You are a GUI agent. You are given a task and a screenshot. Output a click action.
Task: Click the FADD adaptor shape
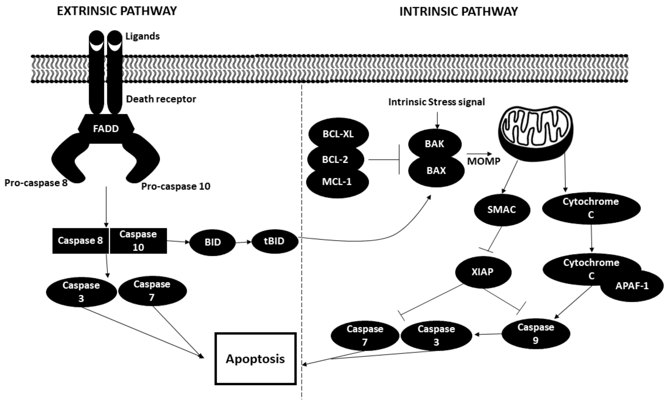(106, 128)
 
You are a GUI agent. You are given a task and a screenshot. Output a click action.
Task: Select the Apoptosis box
(255, 359)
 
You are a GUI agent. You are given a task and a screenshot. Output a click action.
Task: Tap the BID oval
(213, 242)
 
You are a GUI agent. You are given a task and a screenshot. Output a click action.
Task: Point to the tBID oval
(274, 241)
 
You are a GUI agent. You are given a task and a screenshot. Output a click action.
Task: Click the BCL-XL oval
(338, 134)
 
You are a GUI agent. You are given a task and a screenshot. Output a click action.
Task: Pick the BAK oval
(434, 144)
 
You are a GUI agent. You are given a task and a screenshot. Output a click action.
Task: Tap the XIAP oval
(483, 272)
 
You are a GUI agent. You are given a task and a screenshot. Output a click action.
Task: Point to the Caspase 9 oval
(535, 334)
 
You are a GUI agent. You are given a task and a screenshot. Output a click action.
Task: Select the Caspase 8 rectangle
(80, 241)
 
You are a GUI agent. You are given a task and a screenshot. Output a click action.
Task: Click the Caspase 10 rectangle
(138, 241)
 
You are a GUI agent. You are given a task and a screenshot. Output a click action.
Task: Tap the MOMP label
(484, 161)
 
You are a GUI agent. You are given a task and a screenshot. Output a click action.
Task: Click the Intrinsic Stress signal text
(436, 102)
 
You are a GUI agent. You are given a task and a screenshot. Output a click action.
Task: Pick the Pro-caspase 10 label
(176, 186)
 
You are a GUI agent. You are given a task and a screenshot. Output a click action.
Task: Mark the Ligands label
(142, 36)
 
